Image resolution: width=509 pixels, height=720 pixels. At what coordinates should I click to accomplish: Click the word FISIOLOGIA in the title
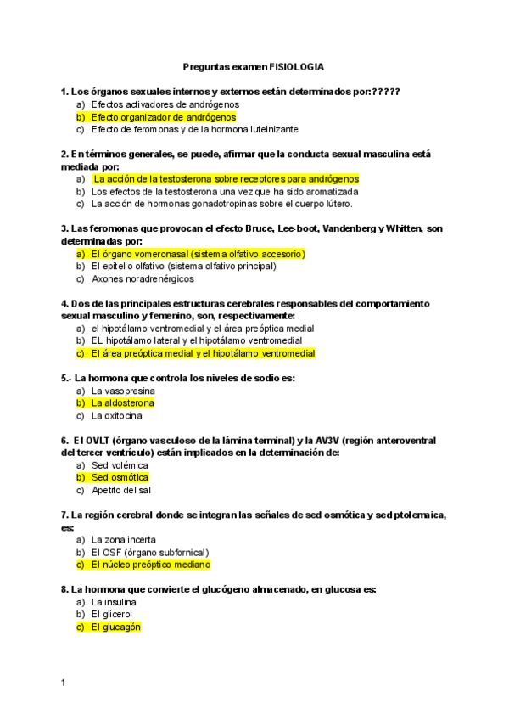pos(296,66)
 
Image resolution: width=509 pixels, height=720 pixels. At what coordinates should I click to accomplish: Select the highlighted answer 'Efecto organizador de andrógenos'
pos(163,117)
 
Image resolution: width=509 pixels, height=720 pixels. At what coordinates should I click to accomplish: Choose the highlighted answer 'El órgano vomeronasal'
pos(198,254)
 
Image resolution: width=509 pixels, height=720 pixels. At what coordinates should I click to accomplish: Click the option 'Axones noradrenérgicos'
pos(143,278)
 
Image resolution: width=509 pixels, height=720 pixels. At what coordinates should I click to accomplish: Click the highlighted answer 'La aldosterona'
pos(123,403)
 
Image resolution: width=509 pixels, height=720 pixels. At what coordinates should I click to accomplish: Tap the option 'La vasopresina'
pos(123,391)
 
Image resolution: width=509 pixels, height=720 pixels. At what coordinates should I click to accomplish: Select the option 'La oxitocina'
pos(117,416)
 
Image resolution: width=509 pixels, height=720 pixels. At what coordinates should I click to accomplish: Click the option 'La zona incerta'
pos(124,540)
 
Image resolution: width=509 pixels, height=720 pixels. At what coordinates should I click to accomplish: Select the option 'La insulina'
pos(115,602)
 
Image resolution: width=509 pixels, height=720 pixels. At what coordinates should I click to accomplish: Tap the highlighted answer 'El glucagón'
pos(115,627)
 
